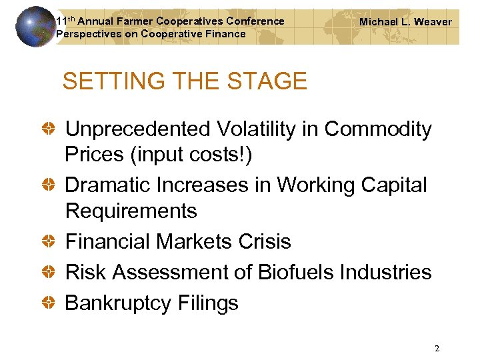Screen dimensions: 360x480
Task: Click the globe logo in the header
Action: (x=35, y=26)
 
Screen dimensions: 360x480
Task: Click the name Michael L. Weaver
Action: (x=405, y=22)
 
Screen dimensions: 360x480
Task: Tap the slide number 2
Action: (x=437, y=349)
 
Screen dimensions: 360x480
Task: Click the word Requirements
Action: (x=131, y=211)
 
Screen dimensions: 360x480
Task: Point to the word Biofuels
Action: (x=305, y=272)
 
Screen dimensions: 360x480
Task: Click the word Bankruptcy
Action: (x=118, y=303)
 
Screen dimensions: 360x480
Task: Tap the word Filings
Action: (x=208, y=303)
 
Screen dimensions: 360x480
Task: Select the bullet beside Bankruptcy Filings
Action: (x=50, y=303)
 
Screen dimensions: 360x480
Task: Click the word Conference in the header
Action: (x=256, y=21)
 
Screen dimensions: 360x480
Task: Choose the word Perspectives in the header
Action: (x=85, y=34)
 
